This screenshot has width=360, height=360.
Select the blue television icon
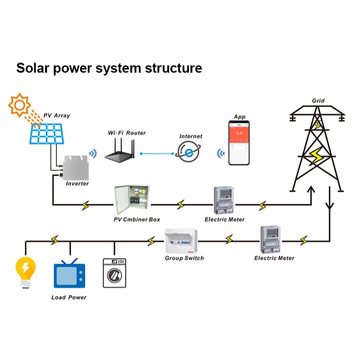69,274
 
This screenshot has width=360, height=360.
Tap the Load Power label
69,297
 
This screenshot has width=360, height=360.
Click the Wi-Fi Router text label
127,133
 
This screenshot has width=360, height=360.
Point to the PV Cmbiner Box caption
137,219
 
